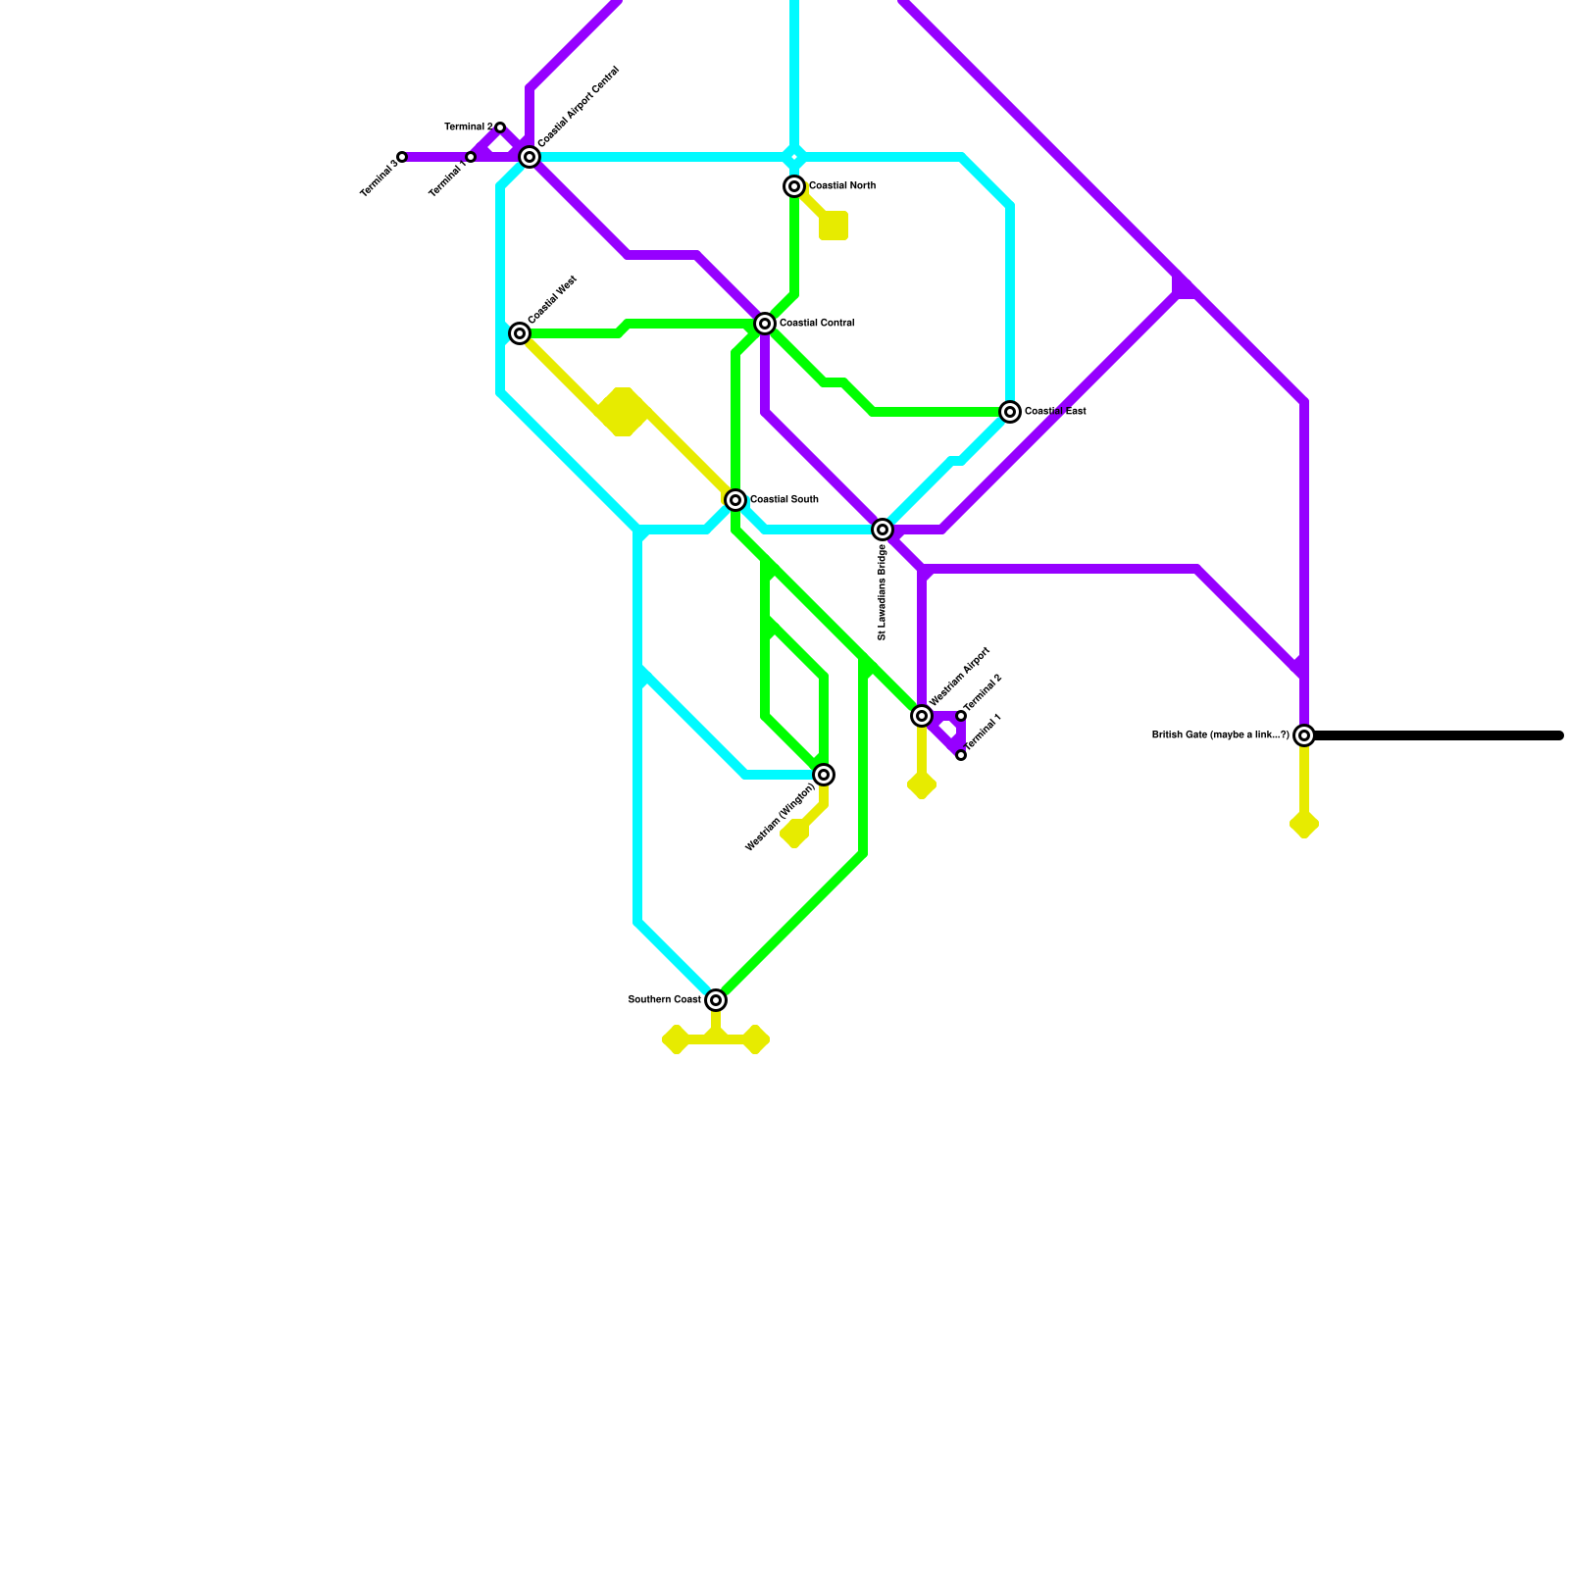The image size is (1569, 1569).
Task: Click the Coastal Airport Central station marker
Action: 530,157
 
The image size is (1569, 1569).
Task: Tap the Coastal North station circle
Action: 794,186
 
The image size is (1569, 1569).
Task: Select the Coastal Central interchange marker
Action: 765,324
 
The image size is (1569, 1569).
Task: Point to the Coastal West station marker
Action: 520,333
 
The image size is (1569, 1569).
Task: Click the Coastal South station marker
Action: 735,500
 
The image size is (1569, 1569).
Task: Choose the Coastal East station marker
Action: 1010,412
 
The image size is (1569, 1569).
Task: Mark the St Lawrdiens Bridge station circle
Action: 883,530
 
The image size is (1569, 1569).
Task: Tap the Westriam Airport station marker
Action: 922,716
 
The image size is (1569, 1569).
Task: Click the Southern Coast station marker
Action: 716,1000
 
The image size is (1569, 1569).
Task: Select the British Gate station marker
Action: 1304,735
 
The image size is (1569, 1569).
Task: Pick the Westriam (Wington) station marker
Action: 825,776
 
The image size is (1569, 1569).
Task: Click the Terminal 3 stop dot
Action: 402,157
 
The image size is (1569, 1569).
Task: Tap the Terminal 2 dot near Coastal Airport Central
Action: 500,127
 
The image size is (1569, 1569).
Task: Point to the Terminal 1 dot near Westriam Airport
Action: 961,755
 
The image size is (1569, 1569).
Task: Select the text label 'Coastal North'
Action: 841,186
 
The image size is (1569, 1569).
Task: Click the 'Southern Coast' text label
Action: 664,1000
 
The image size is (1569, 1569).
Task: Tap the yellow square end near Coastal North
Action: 834,226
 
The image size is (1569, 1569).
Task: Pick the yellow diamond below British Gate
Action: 1304,825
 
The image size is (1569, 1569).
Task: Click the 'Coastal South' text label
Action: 784,500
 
